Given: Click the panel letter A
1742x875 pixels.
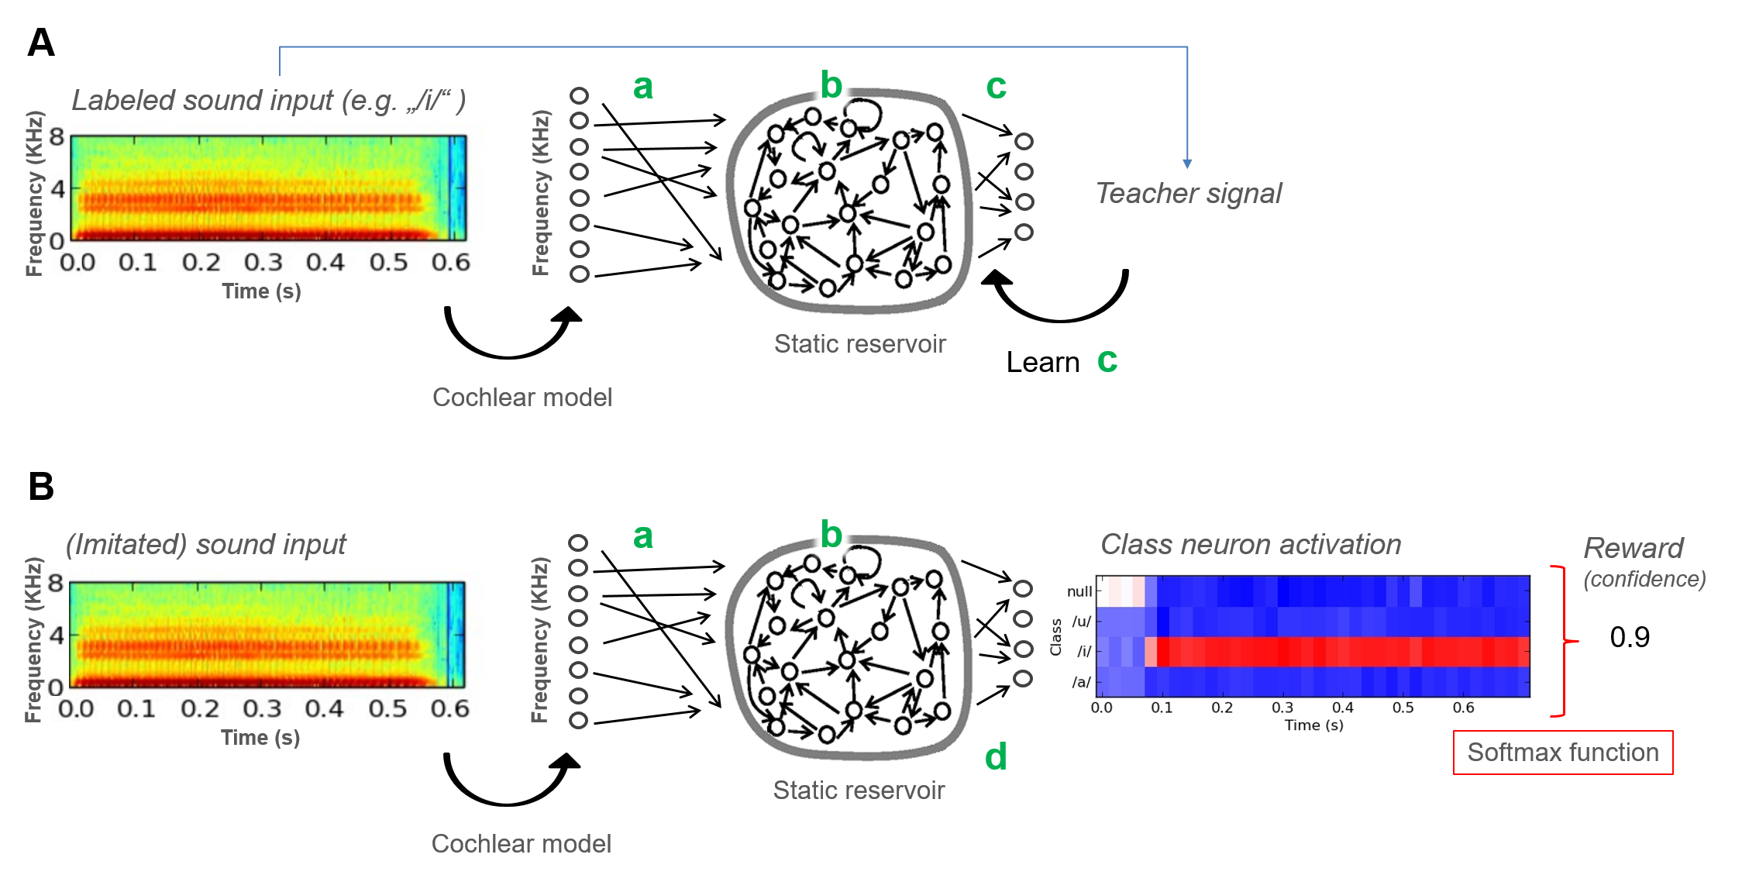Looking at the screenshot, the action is (41, 42).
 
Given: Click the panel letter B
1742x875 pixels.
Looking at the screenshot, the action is (41, 487).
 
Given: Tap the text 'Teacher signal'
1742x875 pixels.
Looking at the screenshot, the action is (1188, 193).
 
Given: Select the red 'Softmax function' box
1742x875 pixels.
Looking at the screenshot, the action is (1563, 752).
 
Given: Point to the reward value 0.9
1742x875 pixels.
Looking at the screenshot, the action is (1630, 637).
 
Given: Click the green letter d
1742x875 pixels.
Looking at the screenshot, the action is (996, 756).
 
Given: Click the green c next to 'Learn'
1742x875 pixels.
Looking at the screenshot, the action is (1107, 361).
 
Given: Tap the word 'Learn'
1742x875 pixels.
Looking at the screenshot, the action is (1042, 362).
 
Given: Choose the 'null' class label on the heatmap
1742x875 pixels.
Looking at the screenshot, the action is (1079, 591).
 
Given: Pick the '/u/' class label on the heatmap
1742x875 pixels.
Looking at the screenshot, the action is (1082, 622).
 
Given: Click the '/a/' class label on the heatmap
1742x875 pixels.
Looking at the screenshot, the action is (1082, 682).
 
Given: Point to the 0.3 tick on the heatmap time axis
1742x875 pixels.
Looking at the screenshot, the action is (1282, 708).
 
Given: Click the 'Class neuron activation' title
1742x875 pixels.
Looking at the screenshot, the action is (1251, 544).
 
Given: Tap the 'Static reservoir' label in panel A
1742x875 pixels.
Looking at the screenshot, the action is (860, 343).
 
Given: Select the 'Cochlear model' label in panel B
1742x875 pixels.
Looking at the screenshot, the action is (522, 843).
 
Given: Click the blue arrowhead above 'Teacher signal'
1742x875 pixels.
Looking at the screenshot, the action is (1187, 164).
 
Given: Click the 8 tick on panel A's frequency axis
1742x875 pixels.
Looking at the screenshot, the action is (57, 137).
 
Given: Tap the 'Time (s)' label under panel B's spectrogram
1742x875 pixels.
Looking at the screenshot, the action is (260, 738).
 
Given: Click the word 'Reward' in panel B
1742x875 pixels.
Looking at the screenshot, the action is (1634, 548).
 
